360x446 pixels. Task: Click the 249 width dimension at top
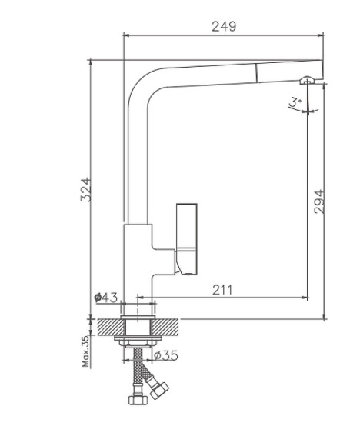[x=223, y=26]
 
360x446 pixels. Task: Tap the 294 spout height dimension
[x=318, y=201]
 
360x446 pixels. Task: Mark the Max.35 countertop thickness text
[x=85, y=349]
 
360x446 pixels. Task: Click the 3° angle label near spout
[x=293, y=100]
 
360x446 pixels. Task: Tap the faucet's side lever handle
[x=188, y=231]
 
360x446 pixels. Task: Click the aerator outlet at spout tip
[x=308, y=81]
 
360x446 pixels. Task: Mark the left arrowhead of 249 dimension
[x=127, y=35]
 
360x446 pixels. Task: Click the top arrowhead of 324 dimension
[x=92, y=64]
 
